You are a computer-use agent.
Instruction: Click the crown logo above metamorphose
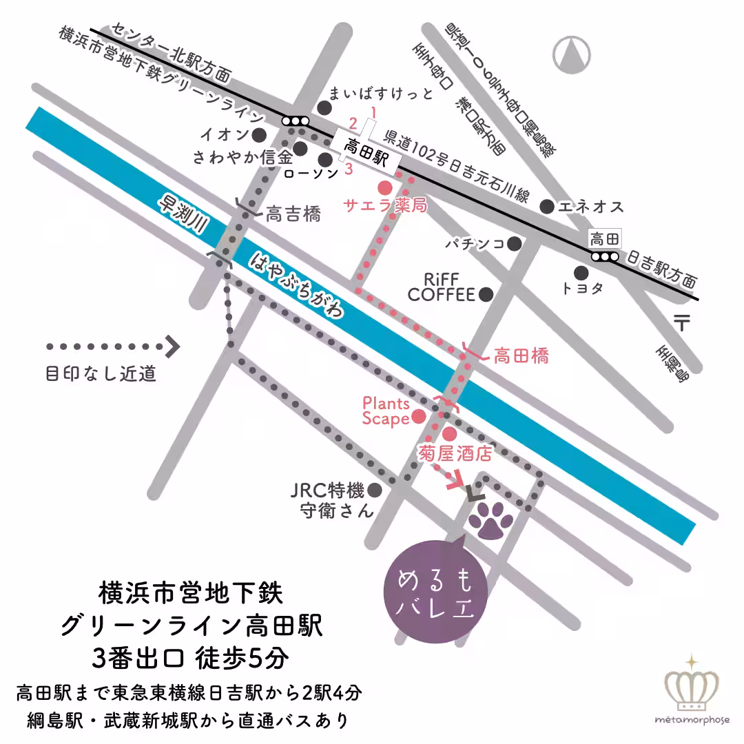coord(692,686)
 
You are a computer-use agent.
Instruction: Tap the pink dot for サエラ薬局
coord(384,187)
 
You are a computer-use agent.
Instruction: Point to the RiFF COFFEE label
coord(441,287)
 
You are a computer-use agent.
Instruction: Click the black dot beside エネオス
coord(546,206)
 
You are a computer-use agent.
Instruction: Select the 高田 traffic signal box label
coord(605,239)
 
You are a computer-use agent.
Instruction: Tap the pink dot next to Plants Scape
coord(418,417)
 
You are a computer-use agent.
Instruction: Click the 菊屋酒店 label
coord(456,454)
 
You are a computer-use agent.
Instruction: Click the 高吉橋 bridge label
coord(293,214)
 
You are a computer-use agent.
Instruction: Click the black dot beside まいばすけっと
coord(324,107)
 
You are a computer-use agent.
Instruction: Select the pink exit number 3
coord(349,168)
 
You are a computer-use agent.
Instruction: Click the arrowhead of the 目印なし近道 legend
coord(172,347)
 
